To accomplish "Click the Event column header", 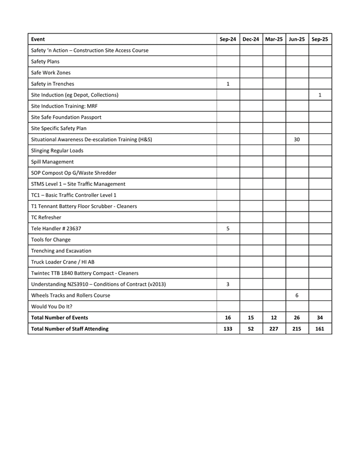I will [x=39, y=39].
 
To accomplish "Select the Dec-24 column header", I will [x=251, y=39].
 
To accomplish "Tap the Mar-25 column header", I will [x=274, y=39].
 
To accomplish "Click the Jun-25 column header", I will [x=297, y=39].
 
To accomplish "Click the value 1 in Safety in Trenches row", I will [x=228, y=84].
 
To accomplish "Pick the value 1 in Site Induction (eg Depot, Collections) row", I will [x=320, y=95].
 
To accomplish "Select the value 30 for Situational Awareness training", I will [x=297, y=140].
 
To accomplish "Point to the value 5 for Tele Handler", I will [x=228, y=228].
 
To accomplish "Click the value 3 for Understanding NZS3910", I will [x=228, y=284].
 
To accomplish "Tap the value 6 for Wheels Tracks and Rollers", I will [x=297, y=295].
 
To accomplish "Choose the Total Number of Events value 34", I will [x=320, y=318].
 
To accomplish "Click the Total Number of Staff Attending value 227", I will [x=274, y=329].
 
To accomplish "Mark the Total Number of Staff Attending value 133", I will [x=228, y=329].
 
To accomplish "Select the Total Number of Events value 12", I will [x=274, y=318].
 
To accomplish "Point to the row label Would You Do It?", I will [x=51, y=306].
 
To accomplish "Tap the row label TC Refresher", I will [x=46, y=217].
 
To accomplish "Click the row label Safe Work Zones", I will [x=51, y=73].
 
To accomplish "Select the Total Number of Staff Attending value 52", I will [x=251, y=329].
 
